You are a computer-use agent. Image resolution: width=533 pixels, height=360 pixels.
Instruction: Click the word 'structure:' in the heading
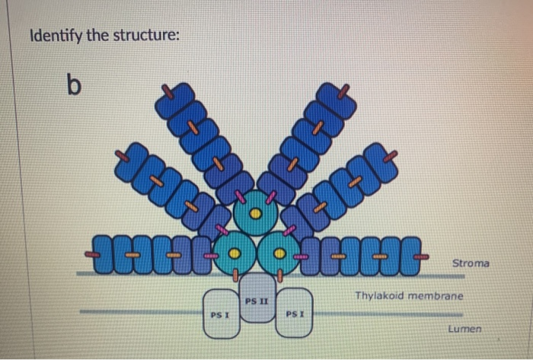point(142,36)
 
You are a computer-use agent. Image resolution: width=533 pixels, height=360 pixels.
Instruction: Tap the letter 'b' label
point(72,86)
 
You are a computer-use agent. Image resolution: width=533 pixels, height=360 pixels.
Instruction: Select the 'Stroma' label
point(471,263)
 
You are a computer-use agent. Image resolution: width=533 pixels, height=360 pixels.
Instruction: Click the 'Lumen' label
point(464,329)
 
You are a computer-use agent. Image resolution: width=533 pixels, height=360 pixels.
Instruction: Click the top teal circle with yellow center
point(257,213)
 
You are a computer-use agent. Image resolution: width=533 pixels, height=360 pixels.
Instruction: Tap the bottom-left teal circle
point(235,253)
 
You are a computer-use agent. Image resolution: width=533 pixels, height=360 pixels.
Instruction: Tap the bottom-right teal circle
point(279,253)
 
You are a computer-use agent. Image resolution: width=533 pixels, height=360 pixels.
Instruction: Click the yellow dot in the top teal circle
point(257,214)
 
